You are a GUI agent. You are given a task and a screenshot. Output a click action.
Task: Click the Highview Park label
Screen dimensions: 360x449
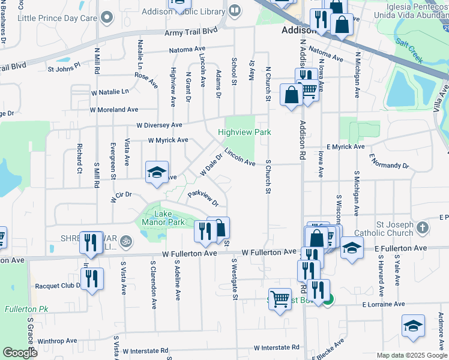(244, 132)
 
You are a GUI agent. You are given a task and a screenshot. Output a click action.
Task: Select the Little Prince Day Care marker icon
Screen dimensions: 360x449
(107, 18)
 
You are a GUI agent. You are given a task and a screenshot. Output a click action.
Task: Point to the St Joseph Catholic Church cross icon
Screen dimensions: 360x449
(423, 228)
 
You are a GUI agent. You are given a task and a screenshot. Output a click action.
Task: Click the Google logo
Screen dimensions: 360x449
(20, 353)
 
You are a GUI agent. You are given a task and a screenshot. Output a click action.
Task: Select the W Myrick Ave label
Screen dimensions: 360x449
(168, 140)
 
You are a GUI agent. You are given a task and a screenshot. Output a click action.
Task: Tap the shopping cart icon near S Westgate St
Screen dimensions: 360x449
(280, 299)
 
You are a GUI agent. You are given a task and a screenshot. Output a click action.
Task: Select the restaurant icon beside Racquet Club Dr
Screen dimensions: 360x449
(92, 278)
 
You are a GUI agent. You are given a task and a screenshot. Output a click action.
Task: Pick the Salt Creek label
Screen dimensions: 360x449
(409, 51)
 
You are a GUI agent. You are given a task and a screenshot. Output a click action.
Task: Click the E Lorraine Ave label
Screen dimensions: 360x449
(384, 305)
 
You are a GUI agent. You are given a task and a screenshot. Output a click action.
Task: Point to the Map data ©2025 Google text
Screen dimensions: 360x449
(411, 355)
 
